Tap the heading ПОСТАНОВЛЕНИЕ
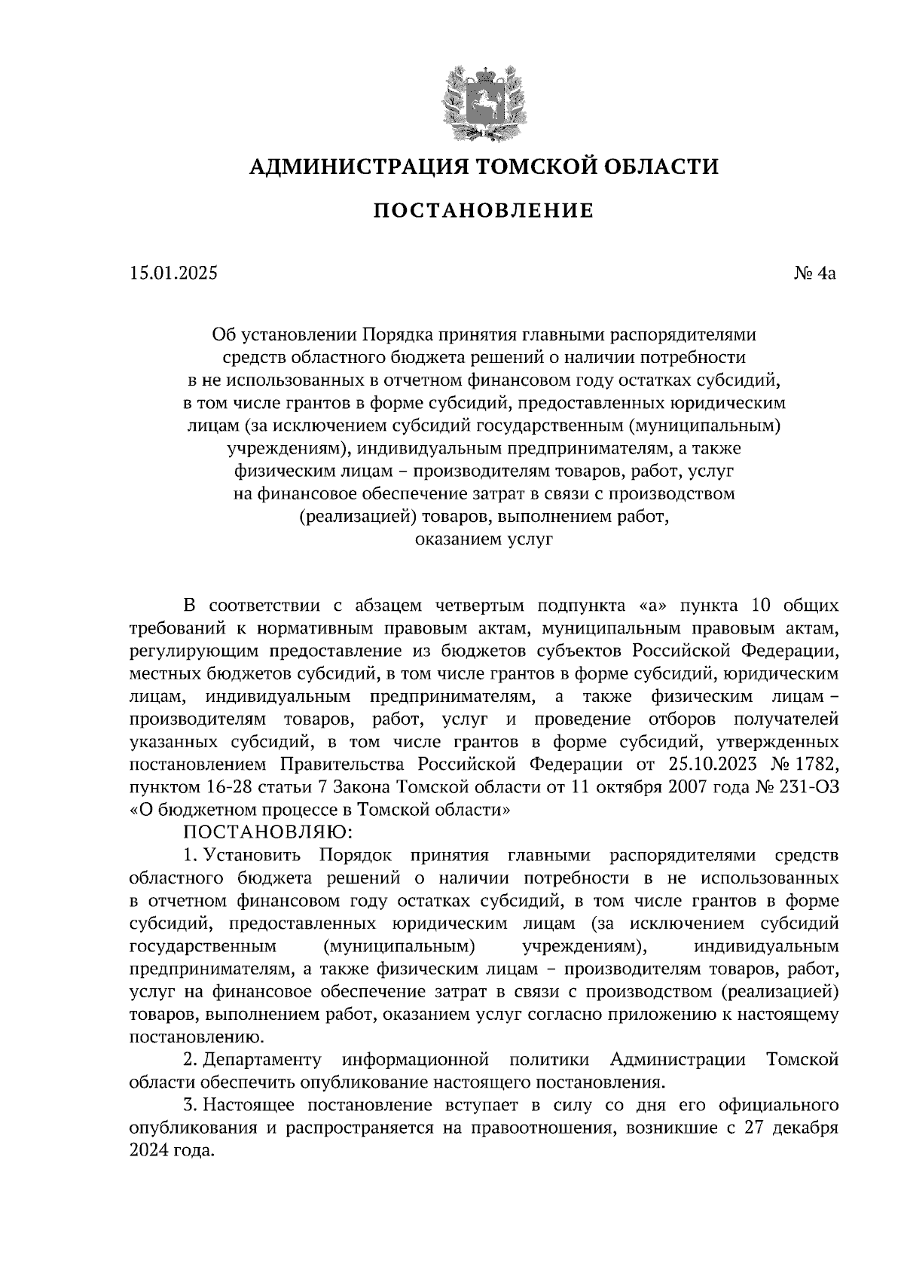483,210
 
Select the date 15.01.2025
173,273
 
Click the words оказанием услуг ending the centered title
483,539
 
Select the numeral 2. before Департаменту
191,1060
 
